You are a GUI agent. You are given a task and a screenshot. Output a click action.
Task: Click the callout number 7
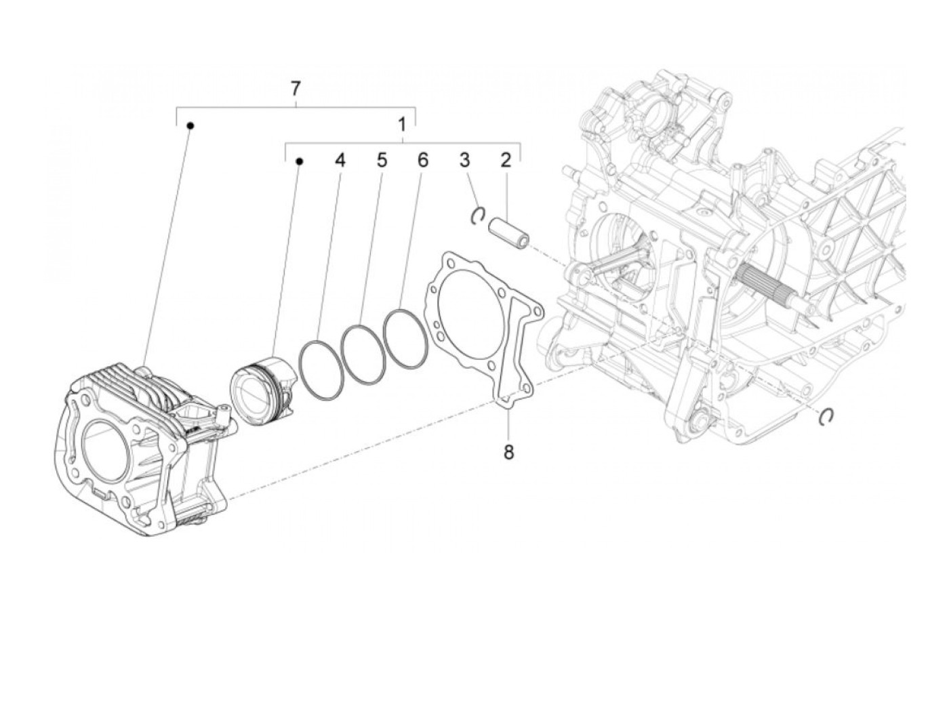[x=295, y=89]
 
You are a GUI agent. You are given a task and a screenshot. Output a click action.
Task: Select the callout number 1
[x=402, y=125]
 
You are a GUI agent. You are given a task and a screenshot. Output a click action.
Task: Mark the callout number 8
[x=508, y=452]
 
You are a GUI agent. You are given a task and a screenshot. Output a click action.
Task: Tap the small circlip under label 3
[x=477, y=215]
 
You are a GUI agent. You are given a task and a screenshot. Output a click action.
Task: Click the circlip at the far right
[x=826, y=417]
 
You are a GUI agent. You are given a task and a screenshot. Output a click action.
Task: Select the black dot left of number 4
[x=299, y=161]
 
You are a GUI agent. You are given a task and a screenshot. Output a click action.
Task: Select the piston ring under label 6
[x=405, y=340]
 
